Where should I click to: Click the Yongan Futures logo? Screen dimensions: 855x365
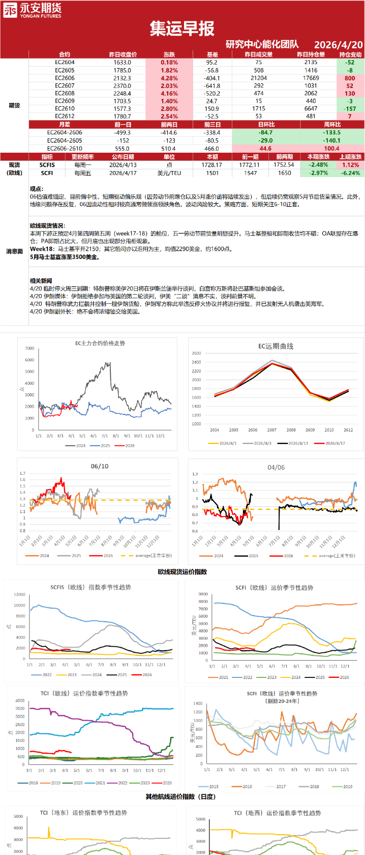pos(32,10)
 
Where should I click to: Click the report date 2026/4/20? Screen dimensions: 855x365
pos(338,45)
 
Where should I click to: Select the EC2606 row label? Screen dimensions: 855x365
pos(65,78)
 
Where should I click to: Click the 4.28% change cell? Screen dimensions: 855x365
pos(169,78)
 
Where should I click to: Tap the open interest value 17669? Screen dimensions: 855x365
pos(311,78)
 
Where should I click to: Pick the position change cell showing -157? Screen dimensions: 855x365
pos(350,108)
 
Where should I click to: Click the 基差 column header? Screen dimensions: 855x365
pos(212,54)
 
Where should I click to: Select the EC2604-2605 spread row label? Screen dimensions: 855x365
pos(65,140)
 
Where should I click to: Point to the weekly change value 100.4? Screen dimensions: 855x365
pos(331,148)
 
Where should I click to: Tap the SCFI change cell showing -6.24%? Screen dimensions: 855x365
pos(350,173)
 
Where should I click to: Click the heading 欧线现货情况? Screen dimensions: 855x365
pos(47,225)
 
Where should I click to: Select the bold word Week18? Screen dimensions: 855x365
pos(42,249)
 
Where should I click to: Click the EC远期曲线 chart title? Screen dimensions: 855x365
pos(276,346)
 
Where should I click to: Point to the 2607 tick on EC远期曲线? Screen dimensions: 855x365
pos(272,430)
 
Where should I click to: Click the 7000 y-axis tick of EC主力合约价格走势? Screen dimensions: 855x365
pos(29,349)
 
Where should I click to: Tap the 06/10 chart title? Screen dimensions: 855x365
pos(100,466)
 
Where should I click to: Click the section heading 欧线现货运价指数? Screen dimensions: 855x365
pos(182,572)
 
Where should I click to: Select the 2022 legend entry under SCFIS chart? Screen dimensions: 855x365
pos(43,675)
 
